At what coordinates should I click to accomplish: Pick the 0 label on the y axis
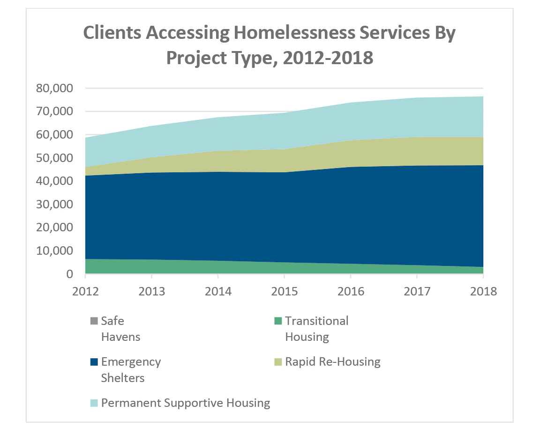(70, 274)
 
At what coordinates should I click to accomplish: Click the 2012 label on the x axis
(85, 292)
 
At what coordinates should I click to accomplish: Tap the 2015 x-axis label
(285, 292)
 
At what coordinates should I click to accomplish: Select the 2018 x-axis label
(483, 292)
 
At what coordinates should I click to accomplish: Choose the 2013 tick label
(152, 292)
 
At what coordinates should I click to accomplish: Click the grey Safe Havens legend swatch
(94, 321)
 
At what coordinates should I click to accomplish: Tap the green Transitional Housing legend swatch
(278, 321)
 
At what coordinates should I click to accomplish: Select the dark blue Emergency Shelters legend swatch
(94, 362)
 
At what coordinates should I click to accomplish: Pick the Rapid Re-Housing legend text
(333, 362)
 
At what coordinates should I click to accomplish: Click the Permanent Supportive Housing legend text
(186, 403)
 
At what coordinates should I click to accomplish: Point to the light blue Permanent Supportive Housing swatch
(94, 403)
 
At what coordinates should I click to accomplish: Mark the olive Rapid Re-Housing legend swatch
(278, 362)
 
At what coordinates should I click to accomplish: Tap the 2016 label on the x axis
(351, 292)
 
